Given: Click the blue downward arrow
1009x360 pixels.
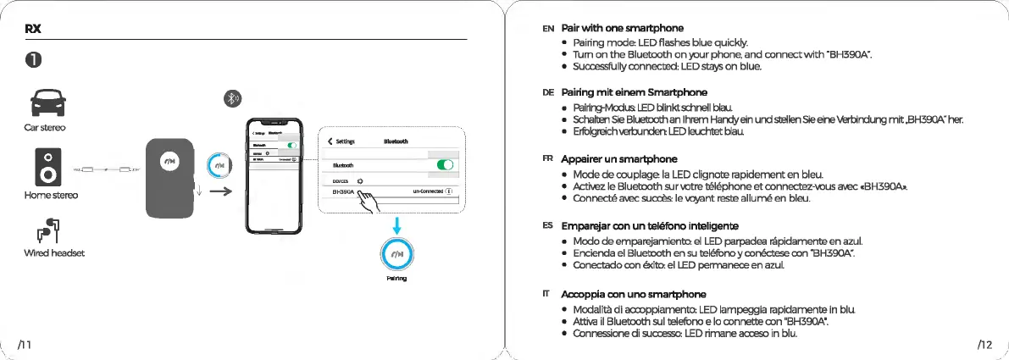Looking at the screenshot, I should [x=395, y=224].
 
